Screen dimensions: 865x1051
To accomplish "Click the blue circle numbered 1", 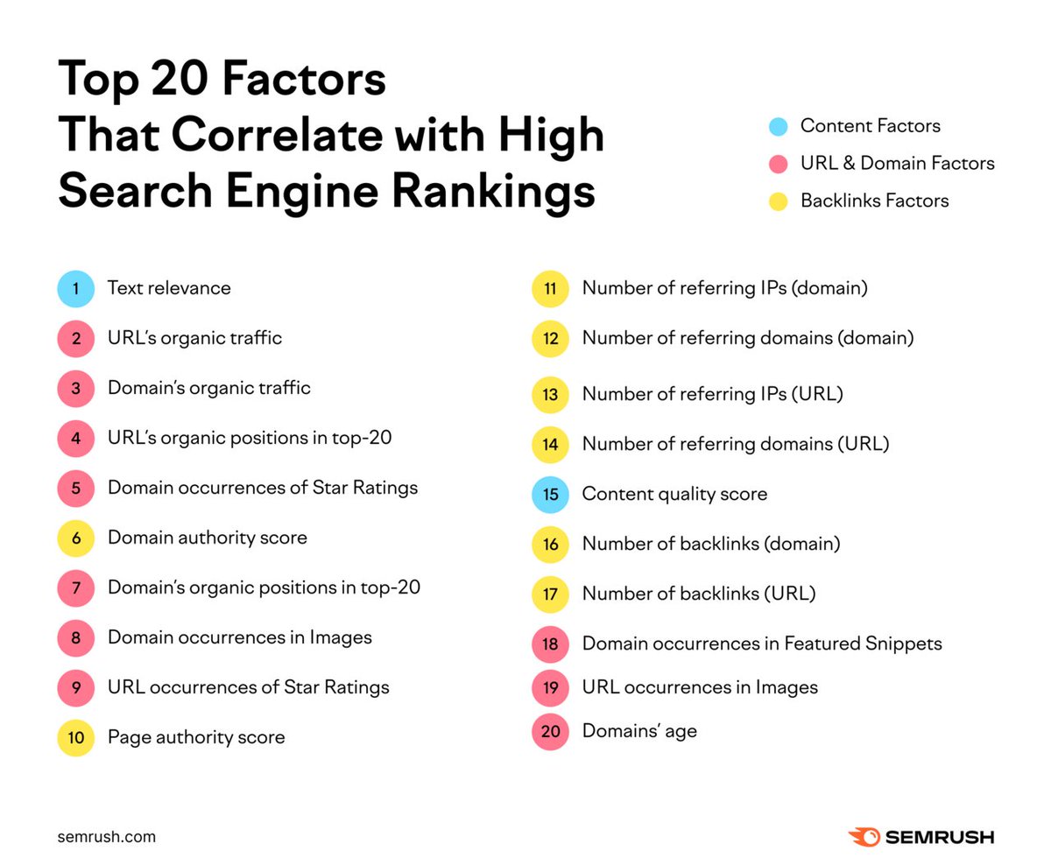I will point(76,288).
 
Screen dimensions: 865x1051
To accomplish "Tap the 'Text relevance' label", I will point(169,288).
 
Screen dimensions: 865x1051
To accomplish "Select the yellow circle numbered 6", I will point(76,538).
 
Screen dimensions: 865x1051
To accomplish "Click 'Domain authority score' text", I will point(207,538).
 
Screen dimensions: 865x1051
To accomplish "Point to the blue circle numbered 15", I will point(550,495).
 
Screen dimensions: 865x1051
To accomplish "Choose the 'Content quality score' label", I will point(674,495).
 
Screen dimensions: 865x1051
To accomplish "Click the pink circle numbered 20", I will point(550,731).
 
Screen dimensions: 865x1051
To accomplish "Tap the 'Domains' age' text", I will point(639,731).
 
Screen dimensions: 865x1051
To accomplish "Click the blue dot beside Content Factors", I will point(778,126).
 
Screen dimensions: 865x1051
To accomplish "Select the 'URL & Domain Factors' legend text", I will point(897,164).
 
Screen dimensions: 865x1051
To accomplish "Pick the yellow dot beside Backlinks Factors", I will point(778,201).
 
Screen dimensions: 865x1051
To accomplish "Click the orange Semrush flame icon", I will point(864,837).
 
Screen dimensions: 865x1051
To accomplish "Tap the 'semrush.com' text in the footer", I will point(107,837).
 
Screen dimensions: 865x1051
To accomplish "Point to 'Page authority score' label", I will point(196,737).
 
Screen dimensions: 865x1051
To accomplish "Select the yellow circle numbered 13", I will point(550,395).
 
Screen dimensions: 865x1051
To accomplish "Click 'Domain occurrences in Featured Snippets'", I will point(762,644).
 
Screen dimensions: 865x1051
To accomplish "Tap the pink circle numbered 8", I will point(76,637).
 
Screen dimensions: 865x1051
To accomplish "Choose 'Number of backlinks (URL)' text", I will point(699,594).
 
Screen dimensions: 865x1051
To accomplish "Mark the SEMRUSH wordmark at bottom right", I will point(939,837).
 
